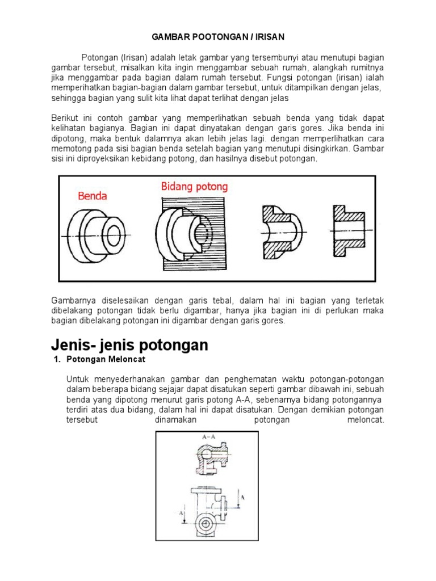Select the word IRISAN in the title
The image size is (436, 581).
pyautogui.click(x=266, y=37)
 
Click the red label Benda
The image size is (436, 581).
pyautogui.click(x=93, y=196)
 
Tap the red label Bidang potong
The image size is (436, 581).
pyautogui.click(x=194, y=186)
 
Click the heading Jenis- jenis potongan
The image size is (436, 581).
pyautogui.click(x=129, y=344)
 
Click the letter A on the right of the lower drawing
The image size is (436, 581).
pyautogui.click(x=243, y=496)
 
